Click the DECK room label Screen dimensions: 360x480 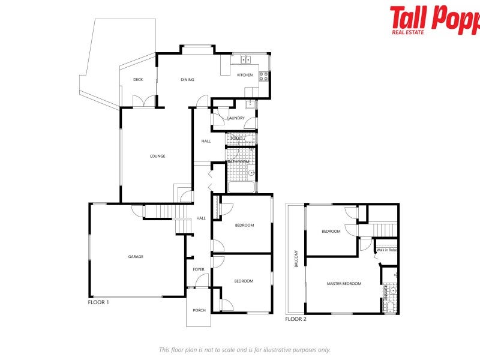pyautogui.click(x=138, y=79)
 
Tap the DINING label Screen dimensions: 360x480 pyautogui.click(x=188, y=79)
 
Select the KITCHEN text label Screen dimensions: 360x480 pyautogui.click(x=245, y=75)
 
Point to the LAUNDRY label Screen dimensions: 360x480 pyautogui.click(x=236, y=118)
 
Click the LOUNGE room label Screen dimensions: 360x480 pyautogui.click(x=157, y=156)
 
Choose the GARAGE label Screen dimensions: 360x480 pyautogui.click(x=136, y=256)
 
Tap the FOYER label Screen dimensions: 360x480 pyautogui.click(x=199, y=269)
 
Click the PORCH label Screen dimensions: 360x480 pyautogui.click(x=199, y=310)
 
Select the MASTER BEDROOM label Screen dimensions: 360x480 pyautogui.click(x=344, y=283)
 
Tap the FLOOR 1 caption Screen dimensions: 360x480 pyautogui.click(x=98, y=302)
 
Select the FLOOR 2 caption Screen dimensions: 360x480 pyautogui.click(x=296, y=319)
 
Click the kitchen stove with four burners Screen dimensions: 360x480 pyautogui.click(x=263, y=76)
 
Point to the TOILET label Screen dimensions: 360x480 pyautogui.click(x=235, y=138)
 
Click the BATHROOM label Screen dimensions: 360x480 pyautogui.click(x=238, y=161)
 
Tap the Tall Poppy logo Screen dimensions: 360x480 pyautogui.click(x=434, y=19)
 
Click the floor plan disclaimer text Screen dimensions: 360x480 pyautogui.click(x=244, y=349)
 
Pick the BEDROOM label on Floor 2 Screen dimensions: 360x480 pyautogui.click(x=331, y=231)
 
